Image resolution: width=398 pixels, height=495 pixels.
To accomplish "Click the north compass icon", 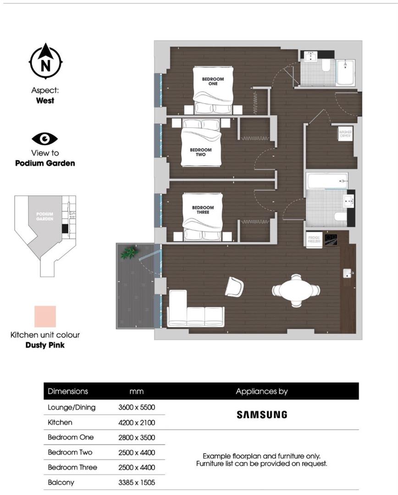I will click(x=45, y=61).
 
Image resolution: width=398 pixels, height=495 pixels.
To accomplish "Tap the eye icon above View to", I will click(x=45, y=138).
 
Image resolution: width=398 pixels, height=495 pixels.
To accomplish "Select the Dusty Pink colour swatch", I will click(x=45, y=317).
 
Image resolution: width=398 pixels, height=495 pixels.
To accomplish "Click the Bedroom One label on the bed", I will click(x=213, y=82).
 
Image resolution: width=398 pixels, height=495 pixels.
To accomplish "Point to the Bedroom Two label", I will click(x=201, y=152).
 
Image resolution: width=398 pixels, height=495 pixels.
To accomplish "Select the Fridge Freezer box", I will click(x=314, y=240).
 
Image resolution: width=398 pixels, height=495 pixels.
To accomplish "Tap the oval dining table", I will click(x=296, y=290).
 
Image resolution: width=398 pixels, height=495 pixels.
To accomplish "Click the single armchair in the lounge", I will click(x=234, y=286).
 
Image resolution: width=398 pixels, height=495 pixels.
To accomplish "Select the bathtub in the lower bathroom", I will click(x=326, y=181).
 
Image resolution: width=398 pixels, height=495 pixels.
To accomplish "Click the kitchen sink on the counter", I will click(x=347, y=274).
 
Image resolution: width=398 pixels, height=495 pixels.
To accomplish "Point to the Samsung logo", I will click(x=261, y=414).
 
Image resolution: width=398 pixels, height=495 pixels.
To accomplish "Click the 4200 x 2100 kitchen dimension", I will click(x=137, y=422).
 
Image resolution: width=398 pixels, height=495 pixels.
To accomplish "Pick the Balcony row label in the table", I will click(x=61, y=482).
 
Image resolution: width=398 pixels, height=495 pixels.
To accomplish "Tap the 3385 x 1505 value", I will click(x=137, y=482).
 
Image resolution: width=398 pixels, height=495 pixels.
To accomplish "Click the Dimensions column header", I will click(x=68, y=391).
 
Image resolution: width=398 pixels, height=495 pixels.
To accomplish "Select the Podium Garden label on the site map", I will click(x=45, y=216).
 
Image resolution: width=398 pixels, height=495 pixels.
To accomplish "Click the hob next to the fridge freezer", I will click(x=331, y=240).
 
